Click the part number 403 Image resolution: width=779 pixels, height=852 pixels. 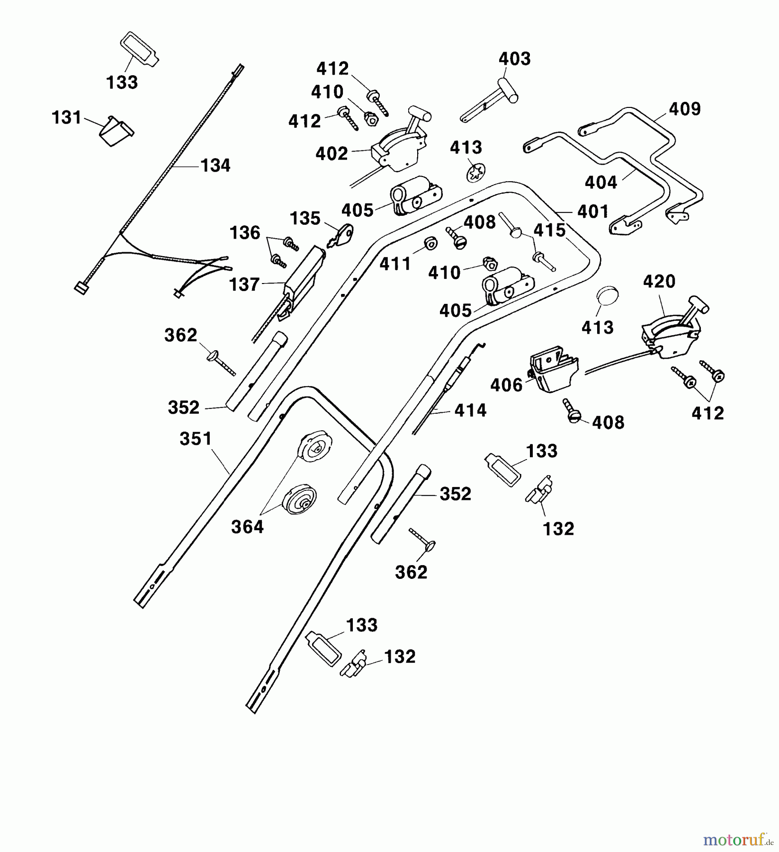tap(514, 59)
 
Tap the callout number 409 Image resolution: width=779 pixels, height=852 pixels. tap(684, 109)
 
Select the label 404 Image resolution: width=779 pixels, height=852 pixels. tap(601, 182)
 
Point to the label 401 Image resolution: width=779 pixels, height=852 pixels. tap(593, 212)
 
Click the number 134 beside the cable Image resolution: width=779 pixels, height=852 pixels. tap(215, 166)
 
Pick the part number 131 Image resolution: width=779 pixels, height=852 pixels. tap(67, 118)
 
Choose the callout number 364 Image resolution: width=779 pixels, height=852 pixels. tap(247, 527)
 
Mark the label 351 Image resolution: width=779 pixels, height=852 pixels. tap(196, 439)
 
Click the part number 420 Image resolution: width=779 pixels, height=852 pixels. tap(659, 282)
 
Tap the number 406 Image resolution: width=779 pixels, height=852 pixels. tap(506, 385)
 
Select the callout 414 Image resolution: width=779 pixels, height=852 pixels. tap(470, 410)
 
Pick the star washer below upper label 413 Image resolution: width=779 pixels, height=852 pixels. tap(475, 173)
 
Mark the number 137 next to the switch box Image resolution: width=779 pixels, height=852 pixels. tap(244, 285)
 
